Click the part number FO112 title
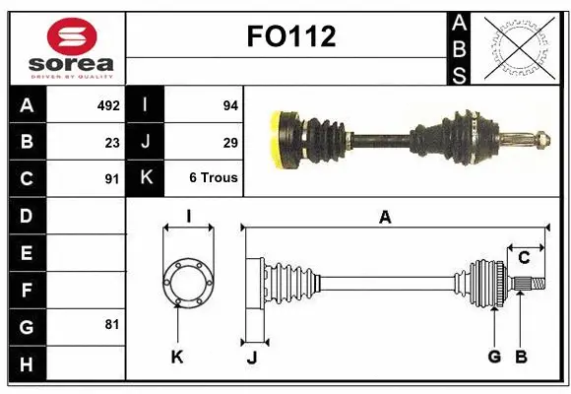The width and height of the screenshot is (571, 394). [x=289, y=37]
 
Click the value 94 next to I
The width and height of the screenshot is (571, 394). [x=230, y=105]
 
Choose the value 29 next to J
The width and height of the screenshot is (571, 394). [x=230, y=142]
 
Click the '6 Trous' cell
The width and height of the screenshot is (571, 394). [x=214, y=178]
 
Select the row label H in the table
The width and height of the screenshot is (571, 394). [x=27, y=363]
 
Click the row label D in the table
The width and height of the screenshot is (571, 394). [x=27, y=215]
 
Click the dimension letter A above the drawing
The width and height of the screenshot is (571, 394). [x=385, y=218]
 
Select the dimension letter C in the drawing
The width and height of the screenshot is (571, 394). [x=525, y=258]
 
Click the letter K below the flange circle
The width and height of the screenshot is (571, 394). [x=177, y=358]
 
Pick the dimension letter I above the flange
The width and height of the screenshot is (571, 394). [x=188, y=216]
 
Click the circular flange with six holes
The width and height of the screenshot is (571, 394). [x=187, y=282]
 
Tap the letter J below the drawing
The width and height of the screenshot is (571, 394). [x=251, y=358]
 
